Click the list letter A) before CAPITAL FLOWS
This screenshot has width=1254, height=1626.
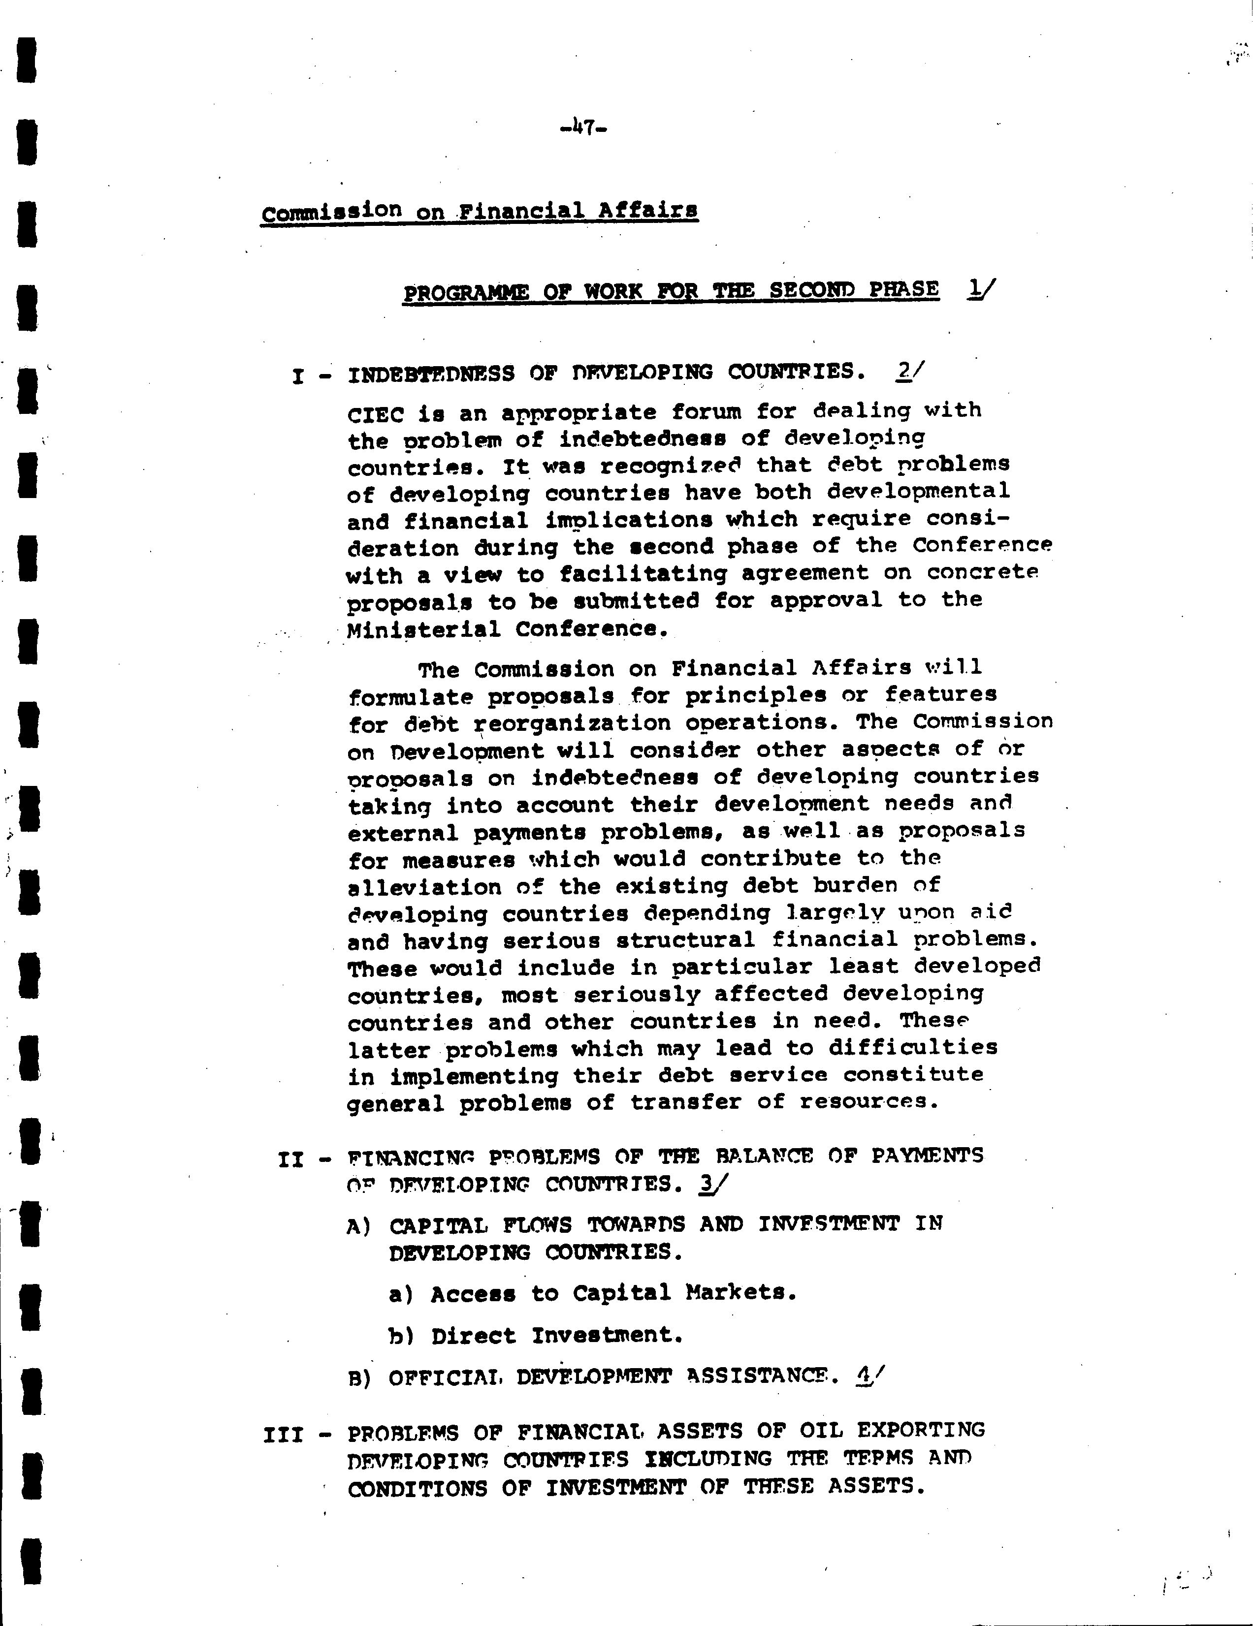pyautogui.click(x=359, y=1225)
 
